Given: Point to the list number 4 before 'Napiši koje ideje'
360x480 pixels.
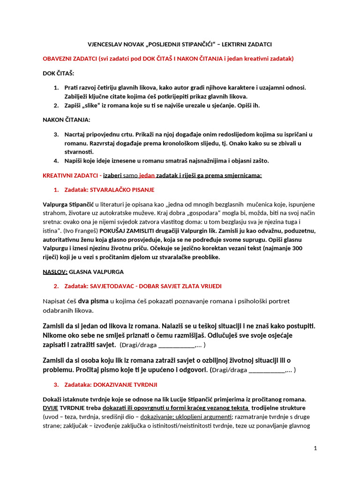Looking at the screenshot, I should (55, 161).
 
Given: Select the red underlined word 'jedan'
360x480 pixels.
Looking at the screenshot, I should (134, 175).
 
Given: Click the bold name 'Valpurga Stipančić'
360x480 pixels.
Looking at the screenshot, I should (68, 204).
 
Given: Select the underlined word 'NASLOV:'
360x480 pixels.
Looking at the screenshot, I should (55, 271).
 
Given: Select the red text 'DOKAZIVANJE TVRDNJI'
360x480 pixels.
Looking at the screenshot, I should (126, 384).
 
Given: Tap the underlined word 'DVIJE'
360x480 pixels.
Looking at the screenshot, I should (51, 408).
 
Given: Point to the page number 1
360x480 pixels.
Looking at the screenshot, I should (315, 448).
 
